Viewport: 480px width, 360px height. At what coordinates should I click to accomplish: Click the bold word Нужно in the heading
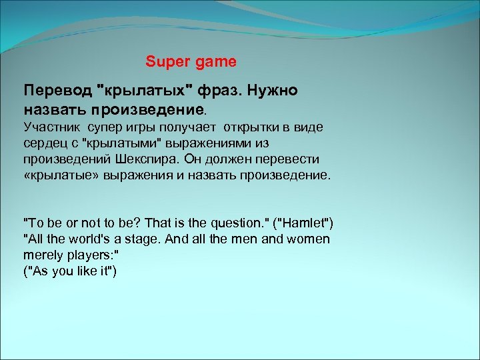pos(274,90)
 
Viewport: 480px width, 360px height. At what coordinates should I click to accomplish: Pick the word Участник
pos(51,126)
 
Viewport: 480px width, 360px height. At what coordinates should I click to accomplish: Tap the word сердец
pos(43,143)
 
